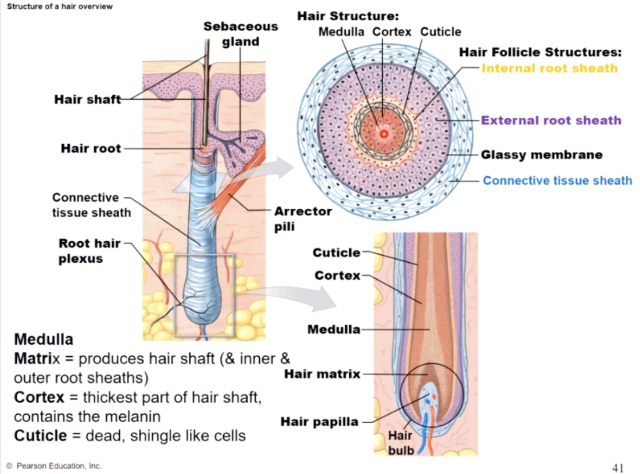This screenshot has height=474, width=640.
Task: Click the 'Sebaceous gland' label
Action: (x=240, y=34)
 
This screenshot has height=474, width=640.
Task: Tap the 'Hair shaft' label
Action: (x=87, y=100)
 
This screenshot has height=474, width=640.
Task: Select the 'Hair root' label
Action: (x=91, y=148)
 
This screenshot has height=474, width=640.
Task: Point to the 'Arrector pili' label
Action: (x=302, y=218)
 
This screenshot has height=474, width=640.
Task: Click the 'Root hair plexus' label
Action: (x=89, y=251)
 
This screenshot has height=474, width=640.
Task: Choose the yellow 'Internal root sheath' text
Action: (x=549, y=68)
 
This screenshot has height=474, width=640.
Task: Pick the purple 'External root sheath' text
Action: (x=551, y=120)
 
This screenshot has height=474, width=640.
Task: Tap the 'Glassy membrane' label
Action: (x=541, y=155)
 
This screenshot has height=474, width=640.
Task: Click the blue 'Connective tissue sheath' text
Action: (x=557, y=181)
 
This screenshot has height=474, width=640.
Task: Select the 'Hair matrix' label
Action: (x=322, y=374)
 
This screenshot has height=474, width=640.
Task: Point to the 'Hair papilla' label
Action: (x=319, y=422)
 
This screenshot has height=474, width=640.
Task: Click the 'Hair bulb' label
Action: (x=400, y=443)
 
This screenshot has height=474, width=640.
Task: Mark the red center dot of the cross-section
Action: (x=384, y=134)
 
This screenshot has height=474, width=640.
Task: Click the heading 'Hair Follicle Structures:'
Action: (x=540, y=52)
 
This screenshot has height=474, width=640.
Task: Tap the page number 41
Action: (x=618, y=467)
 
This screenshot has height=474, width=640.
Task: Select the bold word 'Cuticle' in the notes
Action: (x=41, y=436)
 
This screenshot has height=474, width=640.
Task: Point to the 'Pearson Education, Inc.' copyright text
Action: (x=58, y=466)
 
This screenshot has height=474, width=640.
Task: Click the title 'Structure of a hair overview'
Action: (x=60, y=6)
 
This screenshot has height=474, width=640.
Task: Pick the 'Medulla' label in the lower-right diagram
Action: (x=333, y=329)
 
